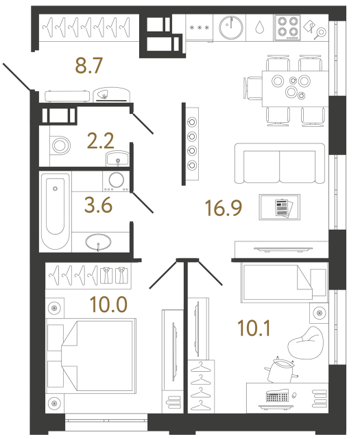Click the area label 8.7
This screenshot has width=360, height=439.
tap(88, 67)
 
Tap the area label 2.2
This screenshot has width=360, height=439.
tap(99, 142)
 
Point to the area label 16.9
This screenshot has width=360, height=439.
tap(224, 206)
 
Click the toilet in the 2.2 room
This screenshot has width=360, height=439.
tap(60, 145)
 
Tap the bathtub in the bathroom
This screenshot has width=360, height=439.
tap(55, 213)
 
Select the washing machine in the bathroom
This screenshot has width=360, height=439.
tap(117, 181)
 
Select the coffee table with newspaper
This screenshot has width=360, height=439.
tap(280, 207)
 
